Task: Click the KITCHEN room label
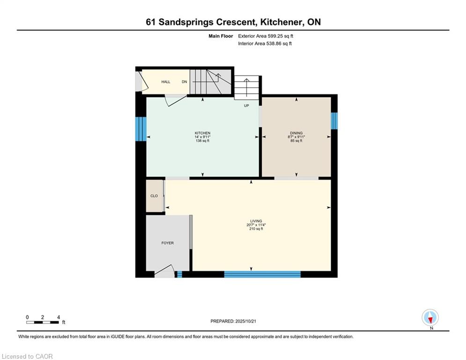(202, 133)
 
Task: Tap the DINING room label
(296, 133)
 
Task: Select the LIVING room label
(256, 221)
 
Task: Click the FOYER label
(167, 243)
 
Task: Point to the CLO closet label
(154, 196)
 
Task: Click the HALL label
(166, 82)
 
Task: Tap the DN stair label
(184, 82)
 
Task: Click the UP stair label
(246, 105)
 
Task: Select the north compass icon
(430, 318)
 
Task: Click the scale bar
(43, 322)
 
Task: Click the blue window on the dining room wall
(333, 120)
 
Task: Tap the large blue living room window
(262, 274)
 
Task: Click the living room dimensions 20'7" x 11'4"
(256, 225)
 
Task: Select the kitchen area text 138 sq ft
(202, 141)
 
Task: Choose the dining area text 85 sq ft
(296, 141)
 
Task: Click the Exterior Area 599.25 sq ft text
(266, 36)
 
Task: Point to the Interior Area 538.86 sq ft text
(265, 44)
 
